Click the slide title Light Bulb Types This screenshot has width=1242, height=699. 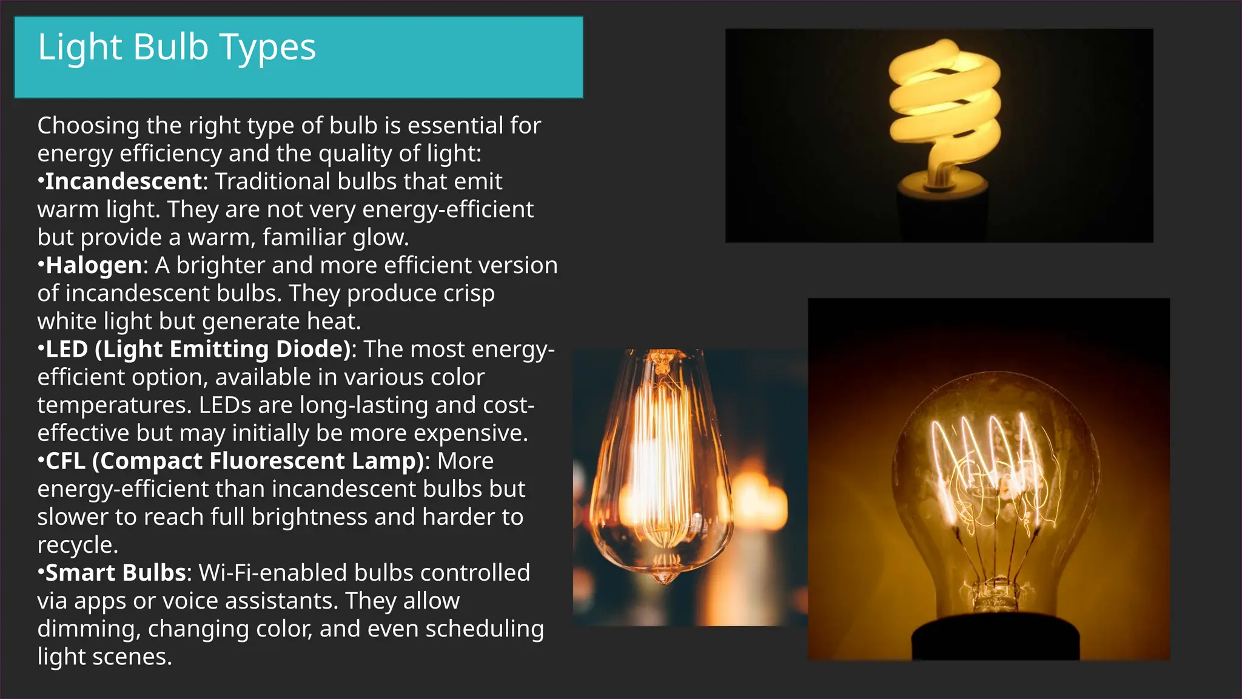pos(176,47)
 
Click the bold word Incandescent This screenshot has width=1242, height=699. pos(123,181)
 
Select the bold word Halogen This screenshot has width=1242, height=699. pos(94,265)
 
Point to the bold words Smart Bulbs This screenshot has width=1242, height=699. pos(115,573)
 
